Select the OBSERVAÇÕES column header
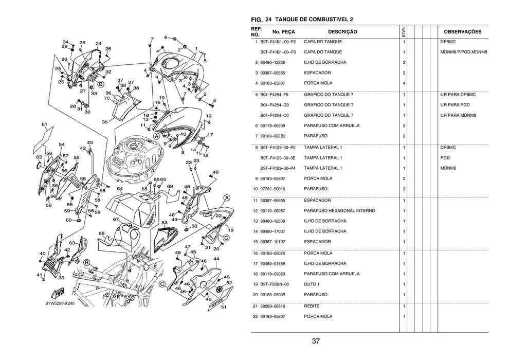[462, 32]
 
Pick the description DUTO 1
[312, 284]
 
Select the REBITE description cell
[311, 306]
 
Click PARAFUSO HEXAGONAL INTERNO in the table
[339, 211]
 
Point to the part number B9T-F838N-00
[275, 284]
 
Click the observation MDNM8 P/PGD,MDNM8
[463, 52]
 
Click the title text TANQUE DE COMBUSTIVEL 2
[314, 20]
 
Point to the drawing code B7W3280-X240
[60, 303]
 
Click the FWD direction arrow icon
[60, 292]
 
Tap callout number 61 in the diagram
[45, 124]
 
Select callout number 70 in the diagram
[107, 98]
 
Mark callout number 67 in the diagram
[116, 220]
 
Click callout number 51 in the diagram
[224, 308]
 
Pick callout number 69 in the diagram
[169, 186]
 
